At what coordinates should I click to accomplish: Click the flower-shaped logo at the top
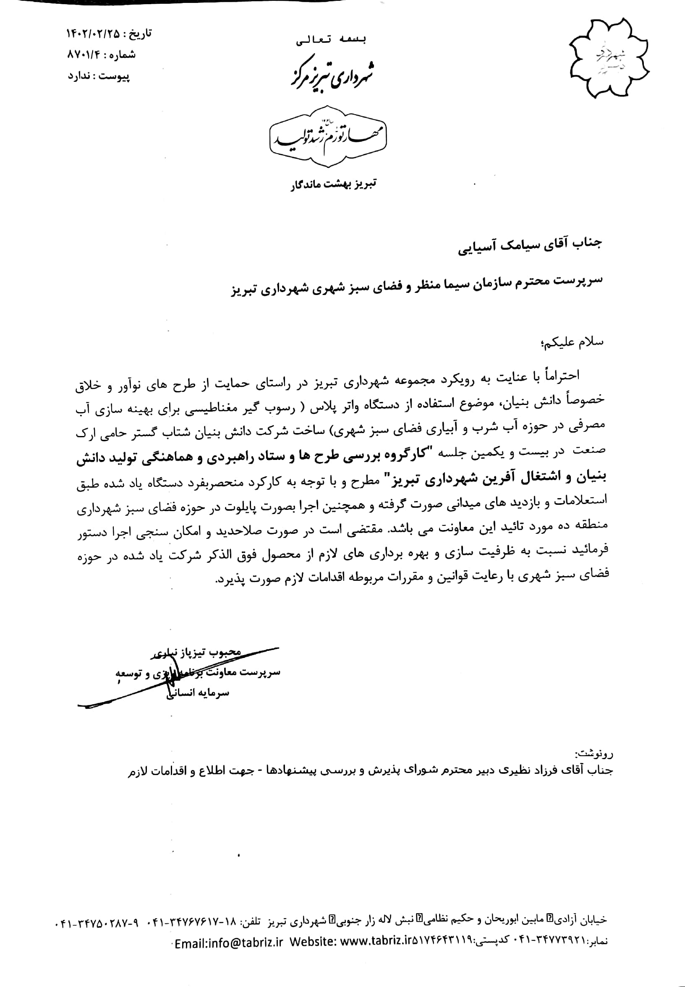point(609,58)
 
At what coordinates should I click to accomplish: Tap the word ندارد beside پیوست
point(78,76)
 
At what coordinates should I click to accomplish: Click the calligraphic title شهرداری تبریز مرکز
point(330,74)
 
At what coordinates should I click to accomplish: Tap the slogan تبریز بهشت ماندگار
point(333,184)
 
